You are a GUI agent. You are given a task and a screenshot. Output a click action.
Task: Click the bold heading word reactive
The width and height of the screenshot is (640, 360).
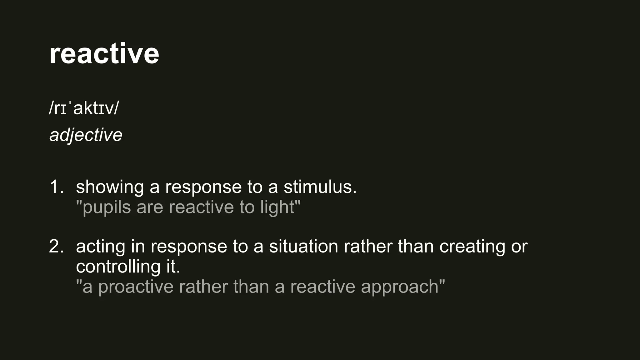point(104,54)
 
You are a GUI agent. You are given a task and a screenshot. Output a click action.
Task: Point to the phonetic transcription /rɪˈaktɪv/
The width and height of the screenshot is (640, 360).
point(84,108)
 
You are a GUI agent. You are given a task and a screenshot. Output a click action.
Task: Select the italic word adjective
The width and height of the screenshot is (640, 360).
point(86,135)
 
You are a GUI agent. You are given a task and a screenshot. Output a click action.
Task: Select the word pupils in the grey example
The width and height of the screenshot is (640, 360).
point(106,207)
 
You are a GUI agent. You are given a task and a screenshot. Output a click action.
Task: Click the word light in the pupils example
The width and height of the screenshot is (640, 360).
point(277,207)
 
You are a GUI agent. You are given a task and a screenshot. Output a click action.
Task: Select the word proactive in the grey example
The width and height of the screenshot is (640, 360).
point(136,287)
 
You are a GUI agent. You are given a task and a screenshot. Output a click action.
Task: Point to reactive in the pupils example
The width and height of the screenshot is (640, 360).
point(201,207)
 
